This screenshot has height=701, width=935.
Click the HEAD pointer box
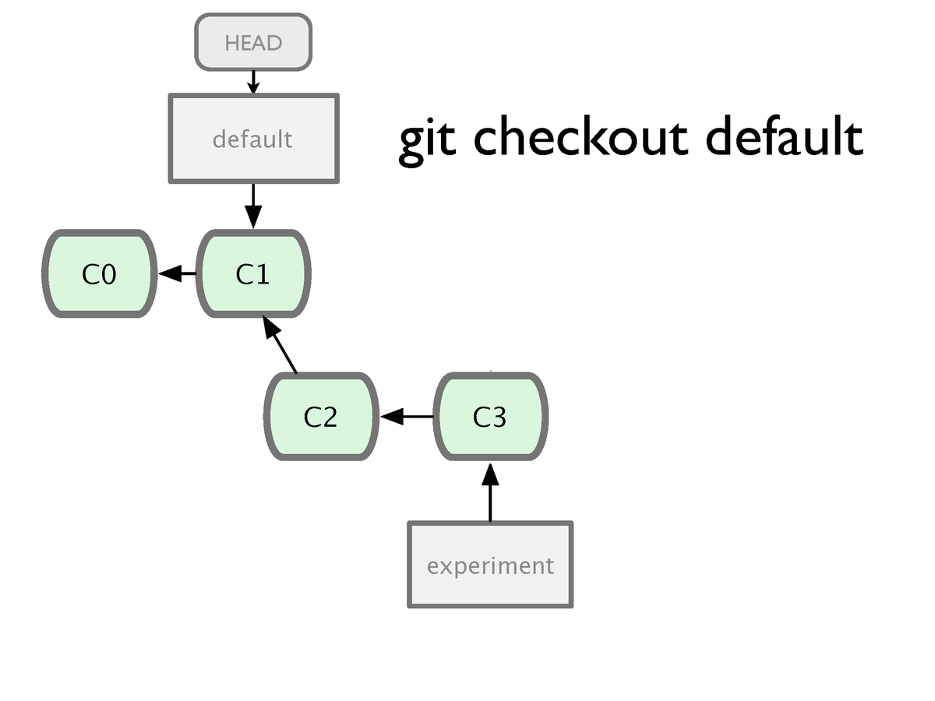click(x=253, y=42)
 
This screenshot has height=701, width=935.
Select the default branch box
click(x=254, y=139)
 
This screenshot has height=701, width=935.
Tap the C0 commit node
click(x=99, y=273)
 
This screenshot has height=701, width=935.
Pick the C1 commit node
click(x=253, y=273)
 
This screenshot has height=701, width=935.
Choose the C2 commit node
click(x=321, y=416)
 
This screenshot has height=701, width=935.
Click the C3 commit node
click(x=491, y=416)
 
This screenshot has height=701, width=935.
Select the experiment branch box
click(x=490, y=565)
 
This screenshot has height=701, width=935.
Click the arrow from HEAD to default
click(x=253, y=82)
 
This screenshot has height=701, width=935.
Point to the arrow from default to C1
click(x=253, y=206)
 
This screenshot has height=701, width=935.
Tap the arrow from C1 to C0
click(x=177, y=273)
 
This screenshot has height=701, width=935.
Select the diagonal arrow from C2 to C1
click(x=280, y=345)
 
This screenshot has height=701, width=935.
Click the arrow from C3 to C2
click(x=408, y=416)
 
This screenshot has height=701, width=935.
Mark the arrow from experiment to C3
click(x=490, y=492)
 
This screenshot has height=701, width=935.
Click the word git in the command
click(x=427, y=139)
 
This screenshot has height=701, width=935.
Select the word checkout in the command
click(x=581, y=135)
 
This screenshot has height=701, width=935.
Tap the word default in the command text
click(x=785, y=135)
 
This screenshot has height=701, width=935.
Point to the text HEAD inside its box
click(x=253, y=43)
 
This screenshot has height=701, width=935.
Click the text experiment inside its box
click(x=490, y=566)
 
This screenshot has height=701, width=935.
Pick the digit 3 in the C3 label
click(x=499, y=417)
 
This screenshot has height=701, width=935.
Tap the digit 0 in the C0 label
click(x=108, y=274)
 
